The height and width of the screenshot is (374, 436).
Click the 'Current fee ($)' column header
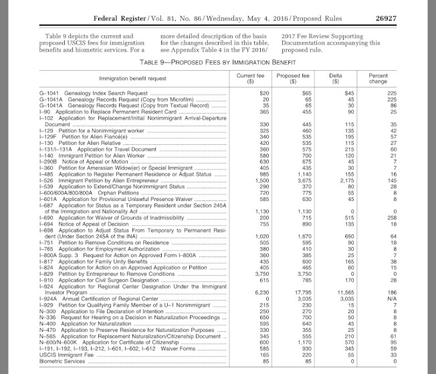[x=245, y=97]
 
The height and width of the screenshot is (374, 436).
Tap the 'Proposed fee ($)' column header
[x=288, y=97]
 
